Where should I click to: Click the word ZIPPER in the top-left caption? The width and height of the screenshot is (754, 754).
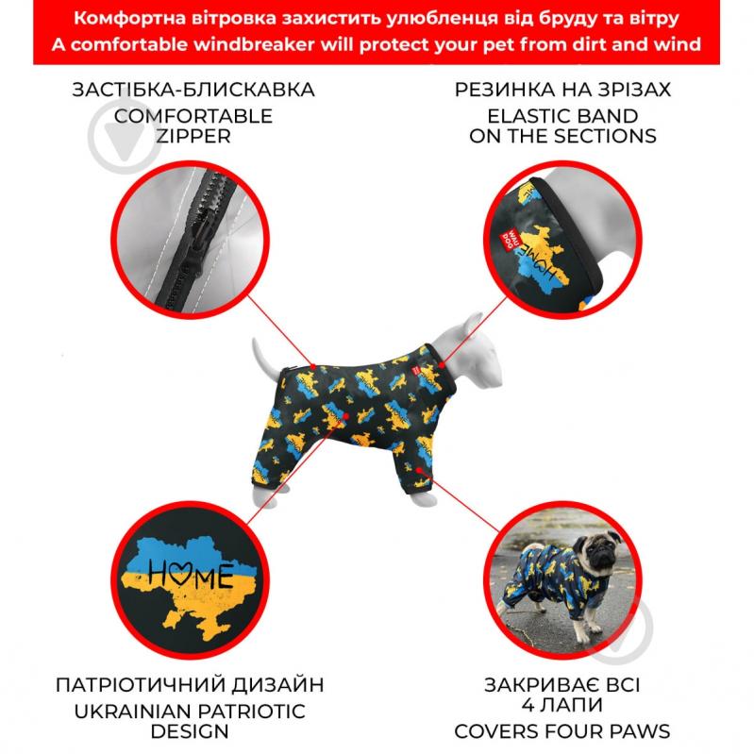[x=193, y=136]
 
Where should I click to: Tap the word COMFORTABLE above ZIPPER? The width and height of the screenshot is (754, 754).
[x=193, y=115]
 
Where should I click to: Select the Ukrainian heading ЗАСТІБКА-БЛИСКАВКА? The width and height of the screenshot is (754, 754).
[x=193, y=91]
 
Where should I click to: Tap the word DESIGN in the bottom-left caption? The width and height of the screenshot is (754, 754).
[x=190, y=730]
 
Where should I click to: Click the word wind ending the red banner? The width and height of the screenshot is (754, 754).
[x=674, y=44]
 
